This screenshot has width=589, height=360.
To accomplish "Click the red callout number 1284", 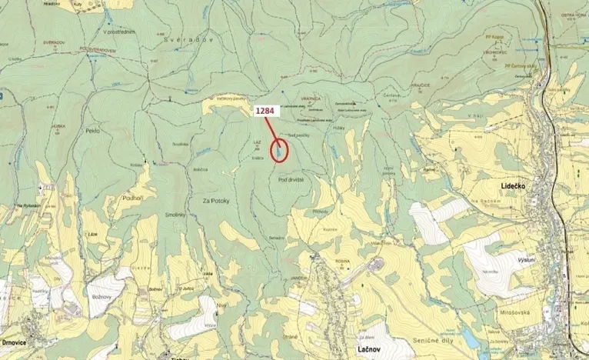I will (x=266, y=111).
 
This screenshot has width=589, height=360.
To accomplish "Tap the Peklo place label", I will (x=95, y=132).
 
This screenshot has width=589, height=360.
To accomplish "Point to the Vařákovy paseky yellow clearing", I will (x=223, y=103).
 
